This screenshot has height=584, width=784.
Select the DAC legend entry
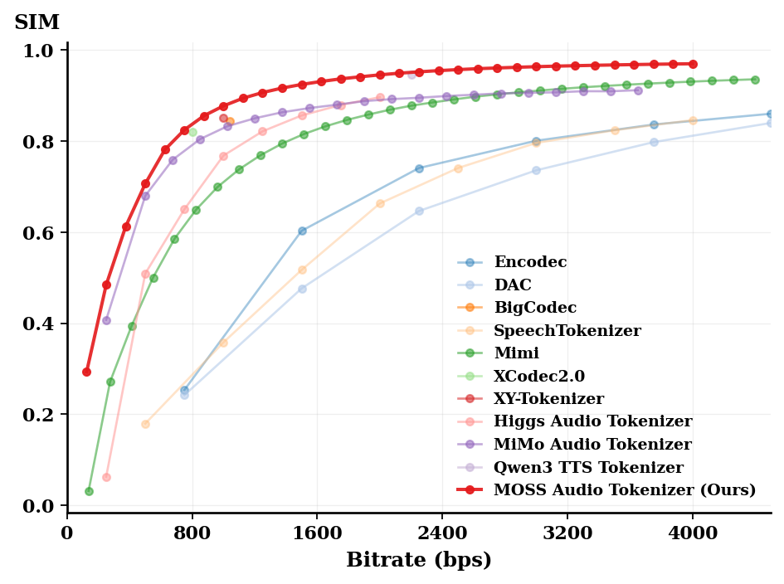click(x=513, y=285)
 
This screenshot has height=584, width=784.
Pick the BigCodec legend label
click(x=535, y=308)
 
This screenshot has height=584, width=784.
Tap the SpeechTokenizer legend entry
click(x=567, y=331)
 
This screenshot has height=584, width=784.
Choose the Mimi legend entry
click(x=516, y=353)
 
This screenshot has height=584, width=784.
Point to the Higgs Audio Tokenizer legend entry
click(x=592, y=422)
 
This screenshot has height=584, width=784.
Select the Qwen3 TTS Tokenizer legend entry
click(x=589, y=468)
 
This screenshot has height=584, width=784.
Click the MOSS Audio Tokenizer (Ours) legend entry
click(x=625, y=490)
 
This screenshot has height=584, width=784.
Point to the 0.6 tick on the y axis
click(x=41, y=233)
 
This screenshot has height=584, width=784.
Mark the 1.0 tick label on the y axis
click(x=41, y=51)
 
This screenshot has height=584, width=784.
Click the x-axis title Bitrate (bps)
click(x=419, y=561)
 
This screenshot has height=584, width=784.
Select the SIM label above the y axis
click(x=37, y=22)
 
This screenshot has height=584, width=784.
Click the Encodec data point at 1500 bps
click(x=302, y=231)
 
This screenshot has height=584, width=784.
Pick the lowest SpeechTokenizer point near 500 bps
click(x=146, y=424)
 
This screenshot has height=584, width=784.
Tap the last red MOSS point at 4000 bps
click(x=693, y=64)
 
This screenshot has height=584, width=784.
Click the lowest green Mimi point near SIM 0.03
click(x=89, y=492)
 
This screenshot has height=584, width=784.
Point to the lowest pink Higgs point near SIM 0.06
click(x=106, y=478)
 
